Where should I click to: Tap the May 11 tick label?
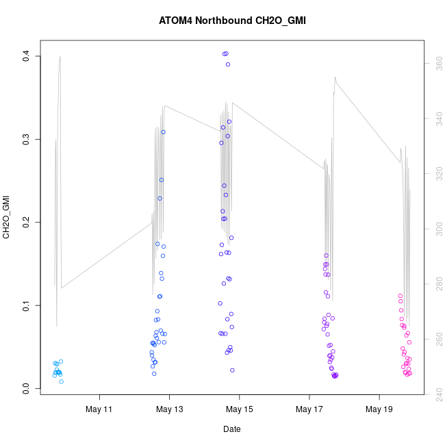[x=100, y=409]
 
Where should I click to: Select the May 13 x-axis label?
[x=170, y=409]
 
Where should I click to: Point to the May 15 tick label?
[x=240, y=409]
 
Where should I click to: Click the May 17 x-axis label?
[x=309, y=409]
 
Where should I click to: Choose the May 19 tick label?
[x=379, y=409]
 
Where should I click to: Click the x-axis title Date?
[x=231, y=429]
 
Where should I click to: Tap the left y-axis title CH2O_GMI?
[x=6, y=217]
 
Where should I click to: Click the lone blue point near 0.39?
[x=228, y=64]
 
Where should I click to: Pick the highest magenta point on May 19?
[x=400, y=296]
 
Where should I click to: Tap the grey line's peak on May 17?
[x=335, y=77]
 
